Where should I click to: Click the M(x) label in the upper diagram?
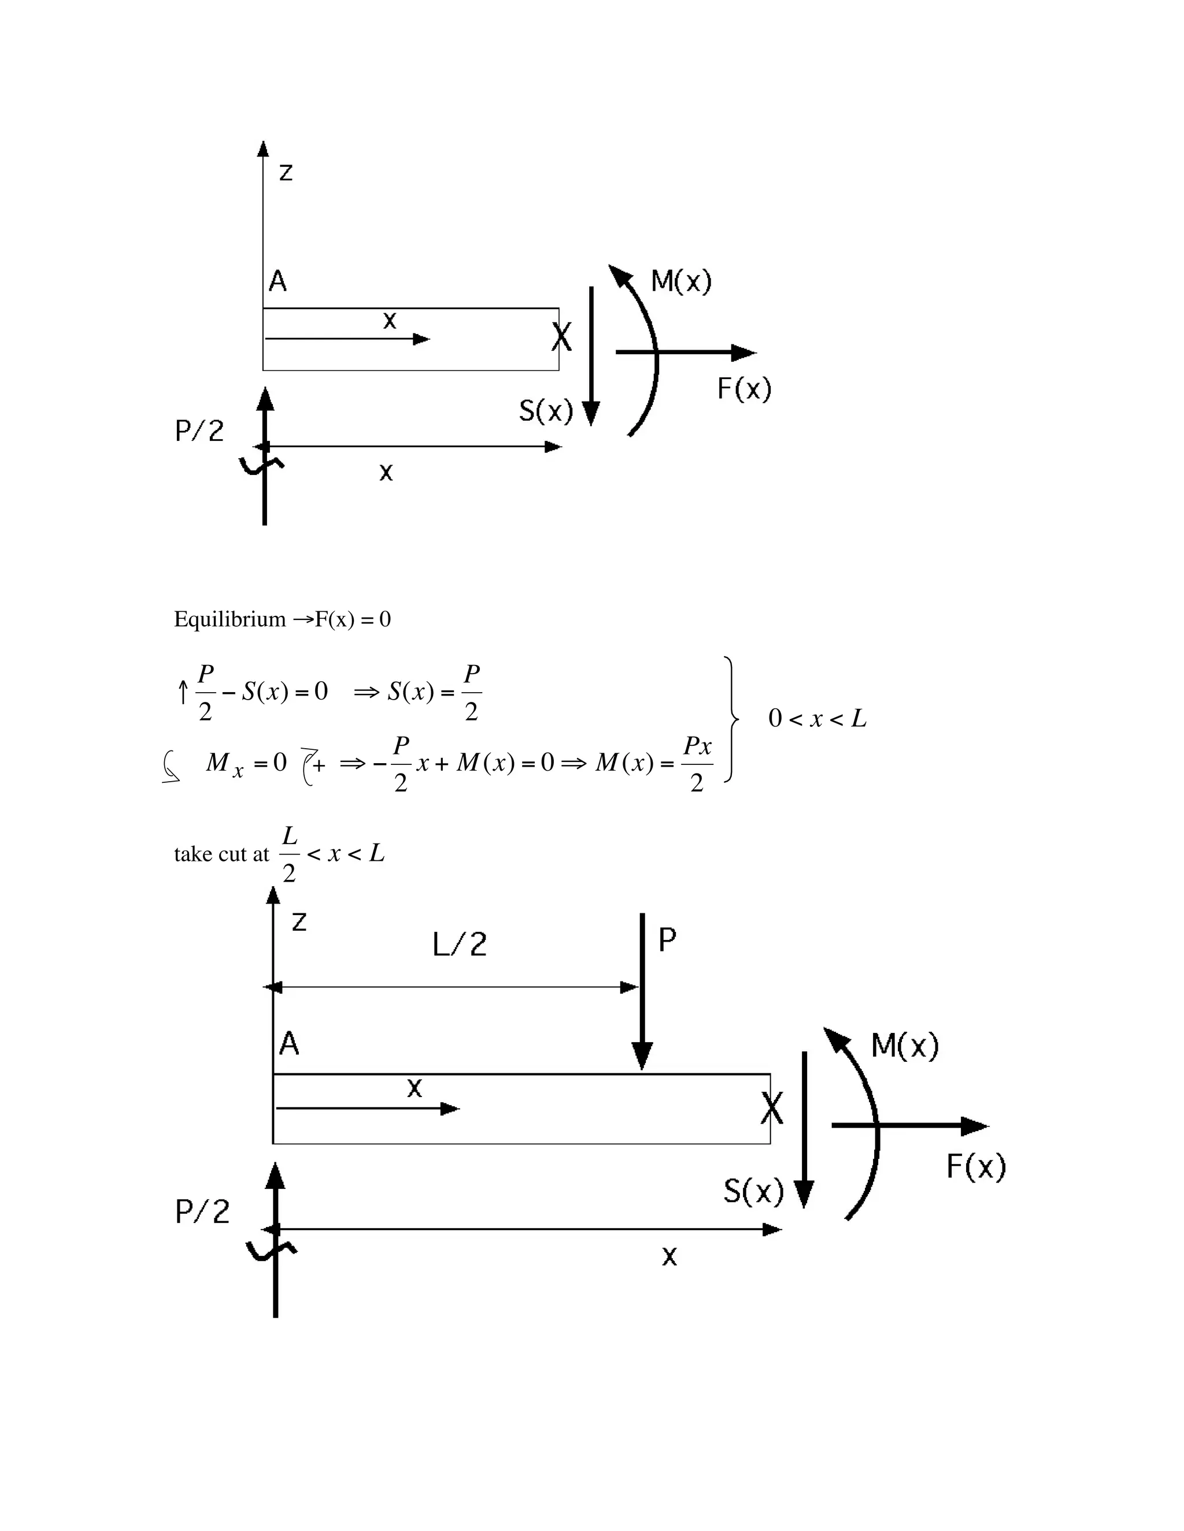680,282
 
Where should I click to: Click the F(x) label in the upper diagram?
743,388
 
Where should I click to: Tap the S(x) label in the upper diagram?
546,411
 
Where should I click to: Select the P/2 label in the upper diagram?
199,430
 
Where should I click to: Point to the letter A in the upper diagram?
277,282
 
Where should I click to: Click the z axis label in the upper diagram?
286,172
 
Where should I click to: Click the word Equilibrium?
230,620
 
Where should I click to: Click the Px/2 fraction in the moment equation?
697,763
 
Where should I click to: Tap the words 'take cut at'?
221,854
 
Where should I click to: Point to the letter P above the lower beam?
667,940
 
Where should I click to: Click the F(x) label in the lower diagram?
976,1166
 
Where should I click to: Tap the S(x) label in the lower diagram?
753,1191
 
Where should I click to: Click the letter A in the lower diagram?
289,1045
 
